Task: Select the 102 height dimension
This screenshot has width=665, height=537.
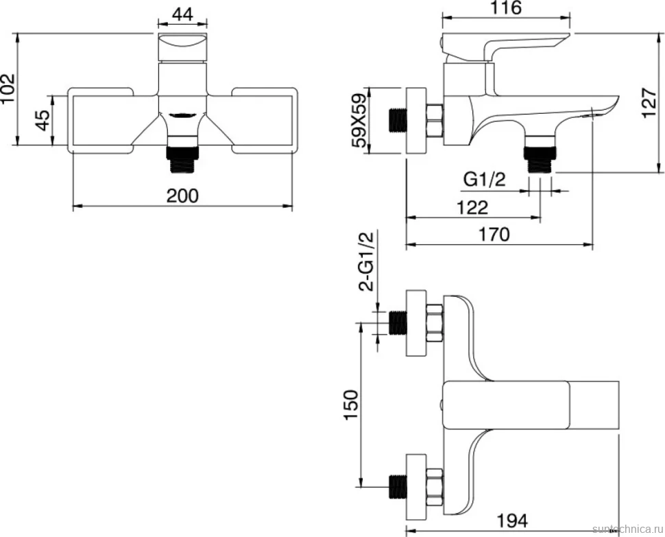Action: click(x=8, y=88)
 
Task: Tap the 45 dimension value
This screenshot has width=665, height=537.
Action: click(x=43, y=121)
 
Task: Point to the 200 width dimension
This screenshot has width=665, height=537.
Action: click(x=182, y=195)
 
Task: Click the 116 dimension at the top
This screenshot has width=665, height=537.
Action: click(x=507, y=8)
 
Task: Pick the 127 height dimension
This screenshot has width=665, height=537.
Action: click(x=649, y=103)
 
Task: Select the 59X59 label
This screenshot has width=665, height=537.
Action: click(x=360, y=120)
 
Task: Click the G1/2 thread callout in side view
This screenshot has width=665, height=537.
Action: click(x=485, y=180)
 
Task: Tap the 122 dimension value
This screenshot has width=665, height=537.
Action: click(x=472, y=207)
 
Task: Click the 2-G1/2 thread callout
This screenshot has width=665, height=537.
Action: click(x=367, y=262)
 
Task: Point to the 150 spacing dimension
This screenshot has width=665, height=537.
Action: click(x=352, y=405)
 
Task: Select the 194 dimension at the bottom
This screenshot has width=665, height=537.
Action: click(x=512, y=521)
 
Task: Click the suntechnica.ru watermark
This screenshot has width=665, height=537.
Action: click(x=628, y=529)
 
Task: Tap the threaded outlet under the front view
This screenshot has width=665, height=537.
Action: click(x=183, y=160)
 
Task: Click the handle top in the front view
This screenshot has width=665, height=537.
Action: click(x=183, y=47)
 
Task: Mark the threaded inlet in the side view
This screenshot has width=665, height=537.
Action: click(x=398, y=120)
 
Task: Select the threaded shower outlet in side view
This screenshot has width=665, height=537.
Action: click(x=540, y=160)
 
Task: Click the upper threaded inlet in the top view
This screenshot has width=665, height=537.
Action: click(x=398, y=323)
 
